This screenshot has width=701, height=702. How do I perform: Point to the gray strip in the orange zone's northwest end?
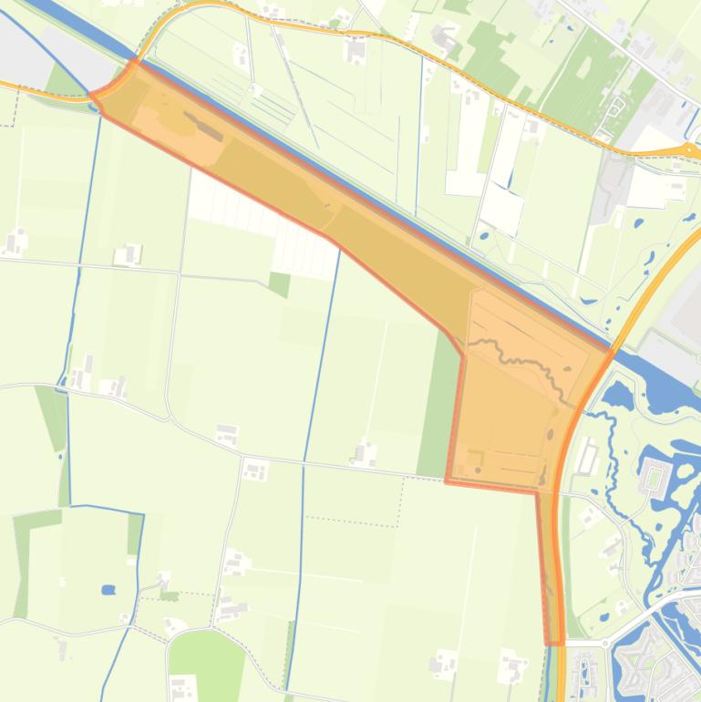[204, 127]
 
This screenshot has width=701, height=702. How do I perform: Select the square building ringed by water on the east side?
[655, 475]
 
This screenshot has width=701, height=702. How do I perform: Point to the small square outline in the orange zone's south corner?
[475, 456]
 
